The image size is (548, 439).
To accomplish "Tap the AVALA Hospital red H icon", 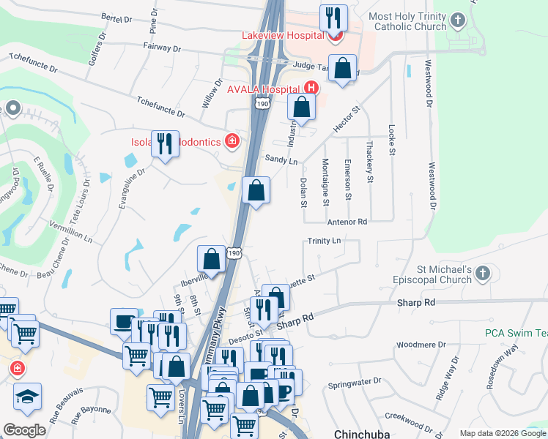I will tap(311, 89).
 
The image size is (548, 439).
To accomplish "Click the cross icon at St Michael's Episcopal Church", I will tap(482, 274).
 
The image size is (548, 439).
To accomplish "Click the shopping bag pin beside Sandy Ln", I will tap(255, 191).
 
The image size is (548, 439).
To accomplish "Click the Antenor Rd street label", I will tap(347, 221).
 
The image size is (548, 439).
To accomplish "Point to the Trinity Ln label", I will tap(325, 241).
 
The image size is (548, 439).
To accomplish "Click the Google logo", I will tap(24, 430).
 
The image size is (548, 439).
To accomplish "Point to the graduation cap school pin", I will tap(28, 397).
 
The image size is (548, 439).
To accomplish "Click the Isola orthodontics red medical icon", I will tap(232, 140).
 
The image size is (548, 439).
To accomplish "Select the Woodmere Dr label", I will tap(415, 345).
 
